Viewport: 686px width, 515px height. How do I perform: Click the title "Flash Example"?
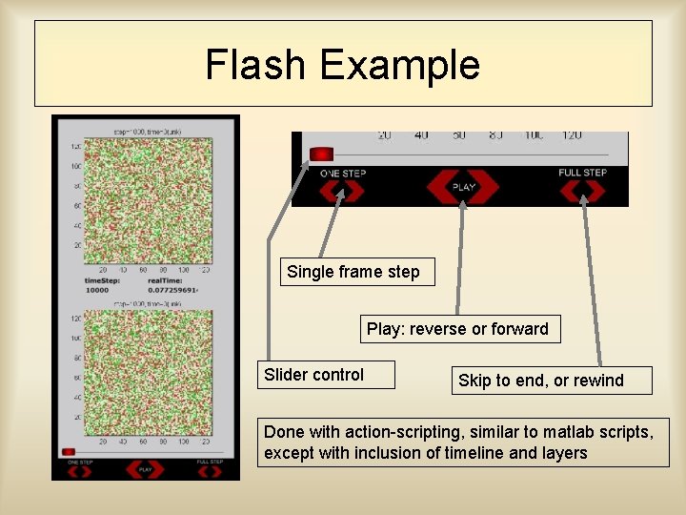point(343,65)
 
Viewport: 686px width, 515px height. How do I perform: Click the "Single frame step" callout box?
point(353,272)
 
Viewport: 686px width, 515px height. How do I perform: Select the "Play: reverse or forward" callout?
point(457,329)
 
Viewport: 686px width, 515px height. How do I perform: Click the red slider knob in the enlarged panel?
point(322,154)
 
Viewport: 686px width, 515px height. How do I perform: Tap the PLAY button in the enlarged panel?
point(463,187)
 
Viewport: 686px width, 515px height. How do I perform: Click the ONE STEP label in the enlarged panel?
point(342,174)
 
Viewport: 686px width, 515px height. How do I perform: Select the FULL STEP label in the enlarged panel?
point(582,173)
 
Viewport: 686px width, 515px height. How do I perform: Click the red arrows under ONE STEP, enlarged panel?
point(340,191)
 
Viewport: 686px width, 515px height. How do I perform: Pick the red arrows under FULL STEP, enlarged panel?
point(582,191)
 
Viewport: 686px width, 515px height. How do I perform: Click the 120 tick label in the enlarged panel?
point(572,136)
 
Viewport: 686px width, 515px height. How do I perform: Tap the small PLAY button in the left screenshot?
point(146,469)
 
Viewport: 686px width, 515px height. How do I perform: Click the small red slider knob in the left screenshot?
point(68,452)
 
